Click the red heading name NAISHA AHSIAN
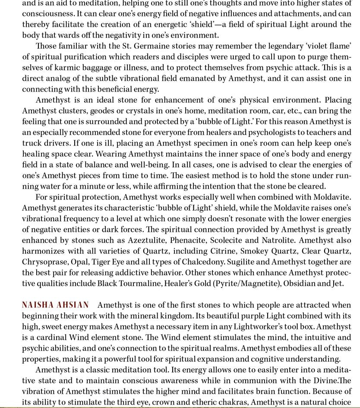56,305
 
